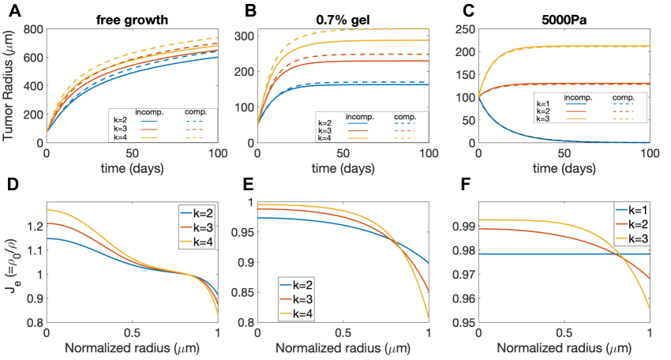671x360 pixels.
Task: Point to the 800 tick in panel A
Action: click(x=32, y=29)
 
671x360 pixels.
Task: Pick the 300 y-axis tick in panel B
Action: click(x=253, y=36)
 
